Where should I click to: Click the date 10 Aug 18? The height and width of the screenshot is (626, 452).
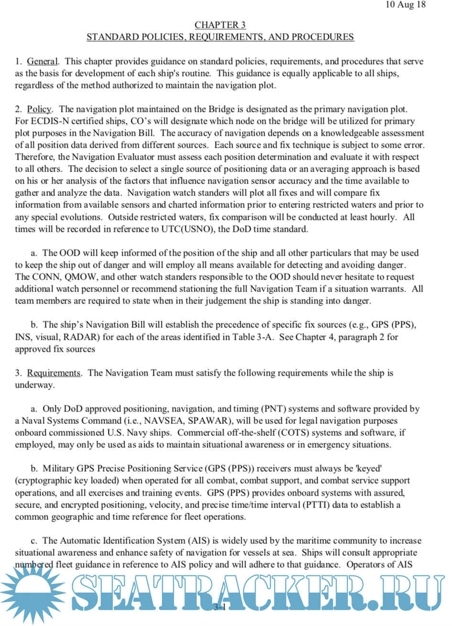(x=405, y=5)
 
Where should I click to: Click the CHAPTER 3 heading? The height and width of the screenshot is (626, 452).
(x=220, y=25)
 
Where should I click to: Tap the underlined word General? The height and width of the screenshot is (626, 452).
(x=42, y=61)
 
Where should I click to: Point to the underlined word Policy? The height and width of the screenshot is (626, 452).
(x=39, y=109)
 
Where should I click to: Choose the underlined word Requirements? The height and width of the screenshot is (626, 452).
(x=54, y=373)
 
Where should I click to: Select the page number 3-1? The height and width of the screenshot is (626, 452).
(x=220, y=607)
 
